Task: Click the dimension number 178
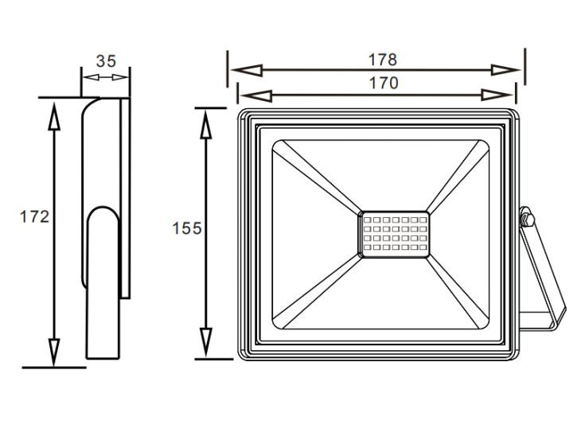[x=382, y=60]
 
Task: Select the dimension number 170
[x=382, y=83]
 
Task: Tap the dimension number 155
[x=187, y=228]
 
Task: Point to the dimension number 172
[x=34, y=216]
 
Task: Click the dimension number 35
[x=106, y=61]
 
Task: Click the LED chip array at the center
[x=392, y=233]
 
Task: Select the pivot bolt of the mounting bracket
[x=525, y=216]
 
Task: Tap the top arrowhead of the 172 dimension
[x=54, y=115]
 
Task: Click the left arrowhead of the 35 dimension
[x=88, y=78]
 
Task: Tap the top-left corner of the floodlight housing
[x=242, y=114]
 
